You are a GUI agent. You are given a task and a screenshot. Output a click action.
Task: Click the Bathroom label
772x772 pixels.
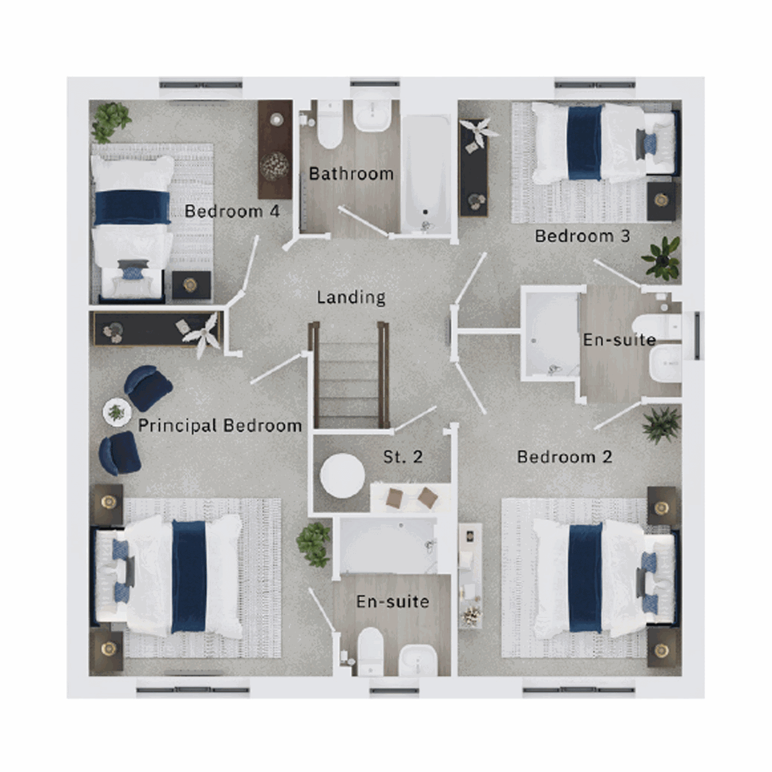[x=351, y=174]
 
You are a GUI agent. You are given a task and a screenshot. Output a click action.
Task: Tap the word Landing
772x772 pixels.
[x=351, y=297]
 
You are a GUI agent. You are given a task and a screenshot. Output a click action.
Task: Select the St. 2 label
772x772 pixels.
[x=403, y=457]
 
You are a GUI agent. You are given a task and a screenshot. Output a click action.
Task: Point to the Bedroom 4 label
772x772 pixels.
[x=232, y=211]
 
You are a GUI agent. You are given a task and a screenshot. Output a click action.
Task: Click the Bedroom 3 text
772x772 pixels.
[x=582, y=236]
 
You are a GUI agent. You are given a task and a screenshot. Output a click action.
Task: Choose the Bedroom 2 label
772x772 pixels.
[x=564, y=457]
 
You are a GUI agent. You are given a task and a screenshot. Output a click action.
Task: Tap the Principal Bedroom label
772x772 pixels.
[x=219, y=425]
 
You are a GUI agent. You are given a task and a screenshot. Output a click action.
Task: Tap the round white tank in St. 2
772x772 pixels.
[x=342, y=475]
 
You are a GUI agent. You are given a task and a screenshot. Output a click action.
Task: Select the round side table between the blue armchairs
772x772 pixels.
[x=117, y=412]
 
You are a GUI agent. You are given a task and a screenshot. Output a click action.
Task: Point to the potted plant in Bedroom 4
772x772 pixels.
[x=110, y=121]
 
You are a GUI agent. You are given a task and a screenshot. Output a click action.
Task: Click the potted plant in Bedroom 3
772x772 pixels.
[x=661, y=257]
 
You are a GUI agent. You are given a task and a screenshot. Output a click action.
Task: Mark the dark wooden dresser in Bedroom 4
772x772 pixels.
[x=275, y=149]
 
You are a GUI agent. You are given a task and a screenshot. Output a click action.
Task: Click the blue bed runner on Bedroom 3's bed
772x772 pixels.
[x=584, y=142]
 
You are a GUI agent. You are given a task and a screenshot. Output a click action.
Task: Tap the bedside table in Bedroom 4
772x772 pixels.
[x=191, y=285]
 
